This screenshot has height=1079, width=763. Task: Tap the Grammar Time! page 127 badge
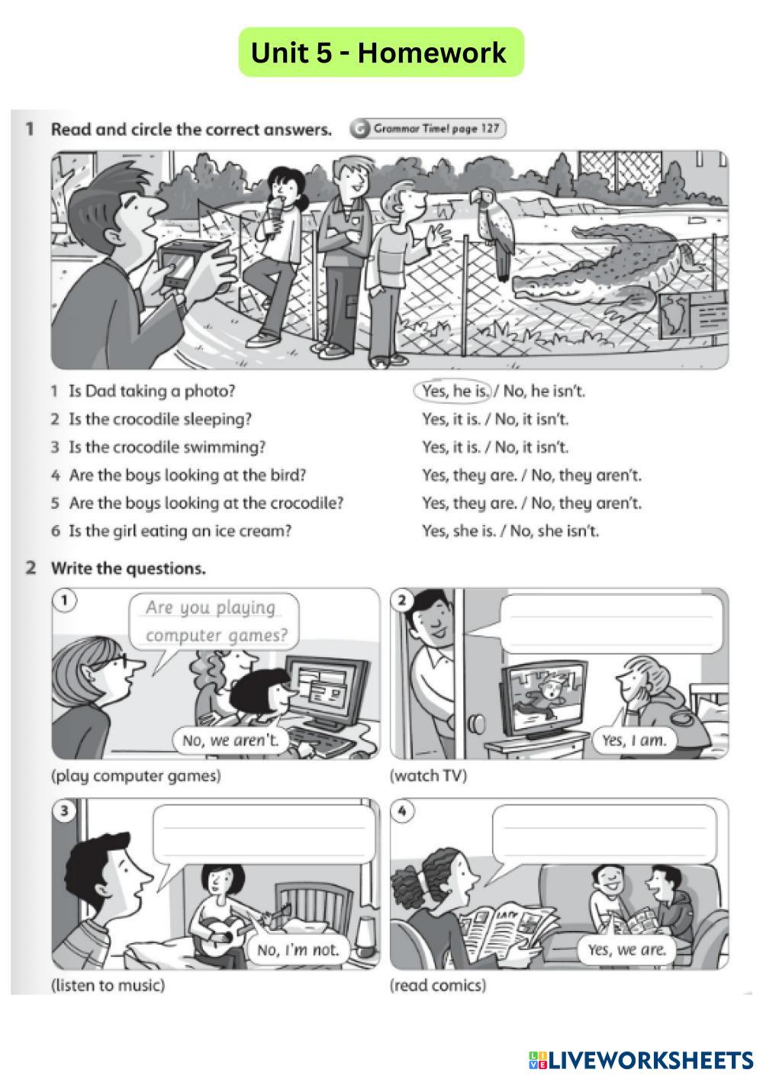point(428,129)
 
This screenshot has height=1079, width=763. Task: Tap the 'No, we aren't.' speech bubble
point(230,739)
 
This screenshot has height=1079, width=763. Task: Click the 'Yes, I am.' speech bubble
point(633,739)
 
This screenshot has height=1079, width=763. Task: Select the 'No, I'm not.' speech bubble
point(298,949)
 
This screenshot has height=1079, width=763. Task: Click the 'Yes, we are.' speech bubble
point(626,949)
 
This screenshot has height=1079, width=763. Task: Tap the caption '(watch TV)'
point(428,775)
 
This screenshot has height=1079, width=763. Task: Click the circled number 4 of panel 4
point(402,812)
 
